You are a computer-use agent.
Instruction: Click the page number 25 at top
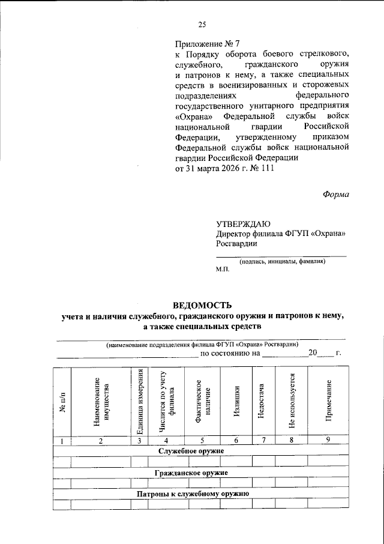202,25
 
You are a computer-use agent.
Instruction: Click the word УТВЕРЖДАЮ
243,223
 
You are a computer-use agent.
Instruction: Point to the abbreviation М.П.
223,271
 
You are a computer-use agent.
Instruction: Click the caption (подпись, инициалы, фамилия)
282,262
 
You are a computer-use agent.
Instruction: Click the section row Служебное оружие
191,450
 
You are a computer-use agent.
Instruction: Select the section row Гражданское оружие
191,473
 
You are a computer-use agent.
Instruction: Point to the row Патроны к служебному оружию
192,494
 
